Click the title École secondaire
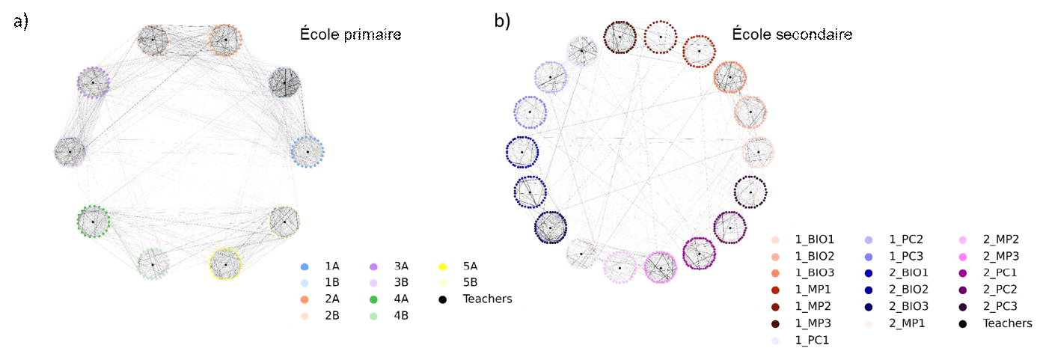(x=792, y=34)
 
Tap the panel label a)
(x=21, y=22)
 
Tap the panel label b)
(x=502, y=22)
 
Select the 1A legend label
(x=332, y=266)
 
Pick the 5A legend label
(x=470, y=266)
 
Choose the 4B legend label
(x=401, y=316)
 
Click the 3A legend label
(x=401, y=266)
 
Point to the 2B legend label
(x=332, y=316)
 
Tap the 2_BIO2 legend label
(x=908, y=290)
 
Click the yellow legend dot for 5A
(x=442, y=266)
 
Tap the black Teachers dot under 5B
(x=442, y=299)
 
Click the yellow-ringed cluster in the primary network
(x=224, y=263)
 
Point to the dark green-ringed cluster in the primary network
(x=93, y=222)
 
